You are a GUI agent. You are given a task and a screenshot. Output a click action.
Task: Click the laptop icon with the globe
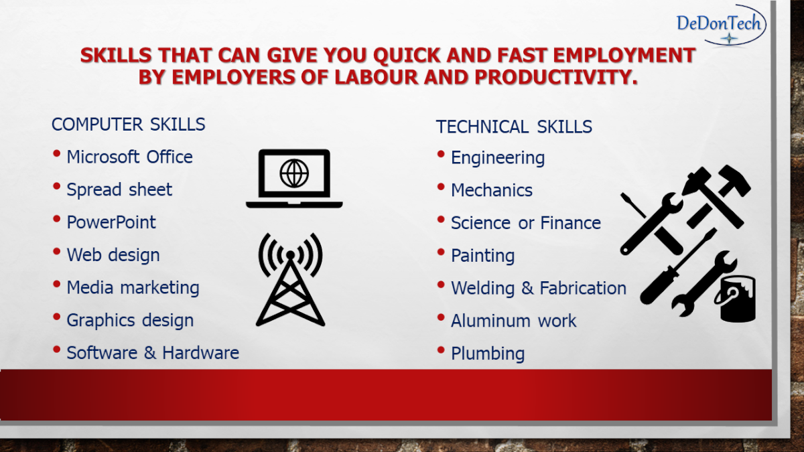click(x=294, y=178)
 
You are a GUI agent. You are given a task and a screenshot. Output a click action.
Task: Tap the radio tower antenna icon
click(x=290, y=279)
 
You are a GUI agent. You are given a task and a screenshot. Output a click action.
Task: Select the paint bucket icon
click(x=736, y=299)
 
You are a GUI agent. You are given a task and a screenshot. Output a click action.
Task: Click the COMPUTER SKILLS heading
click(x=128, y=125)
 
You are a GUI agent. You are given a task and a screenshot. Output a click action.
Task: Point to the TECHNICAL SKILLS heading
click(x=514, y=127)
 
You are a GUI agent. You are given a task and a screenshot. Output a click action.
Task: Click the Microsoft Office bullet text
click(x=129, y=157)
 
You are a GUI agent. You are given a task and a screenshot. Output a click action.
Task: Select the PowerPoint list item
click(x=111, y=222)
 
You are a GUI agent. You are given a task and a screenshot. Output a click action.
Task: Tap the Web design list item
click(x=113, y=255)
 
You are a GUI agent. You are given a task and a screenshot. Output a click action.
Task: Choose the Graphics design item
click(x=130, y=320)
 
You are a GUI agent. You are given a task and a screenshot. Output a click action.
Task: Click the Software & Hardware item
click(x=153, y=353)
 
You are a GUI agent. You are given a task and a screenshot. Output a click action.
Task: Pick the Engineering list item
click(x=498, y=158)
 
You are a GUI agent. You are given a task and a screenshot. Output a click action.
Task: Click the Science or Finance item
click(x=526, y=223)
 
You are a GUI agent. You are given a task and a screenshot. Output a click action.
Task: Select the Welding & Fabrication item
click(x=539, y=289)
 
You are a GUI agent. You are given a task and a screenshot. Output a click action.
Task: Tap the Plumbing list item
click(x=488, y=354)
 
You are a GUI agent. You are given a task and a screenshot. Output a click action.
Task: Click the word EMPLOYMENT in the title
click(x=624, y=55)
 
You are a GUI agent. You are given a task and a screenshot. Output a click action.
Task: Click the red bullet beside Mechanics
click(x=441, y=187)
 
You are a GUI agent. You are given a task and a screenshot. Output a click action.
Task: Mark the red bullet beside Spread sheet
click(x=56, y=186)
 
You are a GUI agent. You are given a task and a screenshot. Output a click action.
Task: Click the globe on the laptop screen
click(x=294, y=173)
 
